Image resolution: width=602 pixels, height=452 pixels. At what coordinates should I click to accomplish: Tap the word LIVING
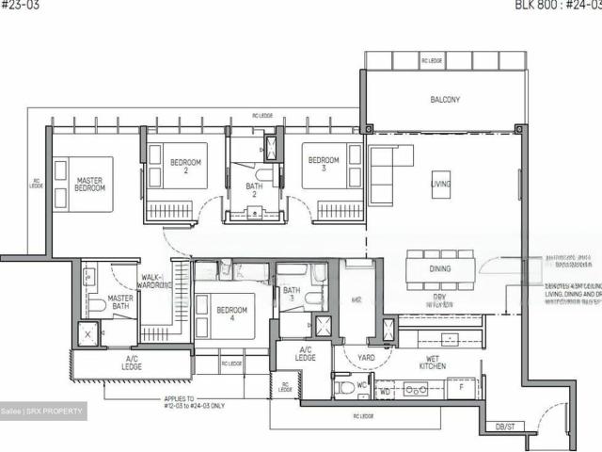pos(440,185)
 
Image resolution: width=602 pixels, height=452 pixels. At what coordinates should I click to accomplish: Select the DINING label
pos(438,268)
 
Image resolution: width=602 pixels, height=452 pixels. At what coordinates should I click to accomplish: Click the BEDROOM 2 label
pos(185,167)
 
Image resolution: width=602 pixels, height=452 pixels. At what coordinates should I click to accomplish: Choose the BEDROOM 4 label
pos(230,315)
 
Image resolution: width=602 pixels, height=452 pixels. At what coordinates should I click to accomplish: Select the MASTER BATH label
pos(120,303)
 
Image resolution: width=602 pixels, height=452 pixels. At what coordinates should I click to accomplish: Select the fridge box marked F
pos(461,387)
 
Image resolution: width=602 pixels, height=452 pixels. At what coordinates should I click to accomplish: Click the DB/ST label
pos(505,427)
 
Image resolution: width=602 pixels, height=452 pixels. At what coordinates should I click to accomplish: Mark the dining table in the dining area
pos(439,269)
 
